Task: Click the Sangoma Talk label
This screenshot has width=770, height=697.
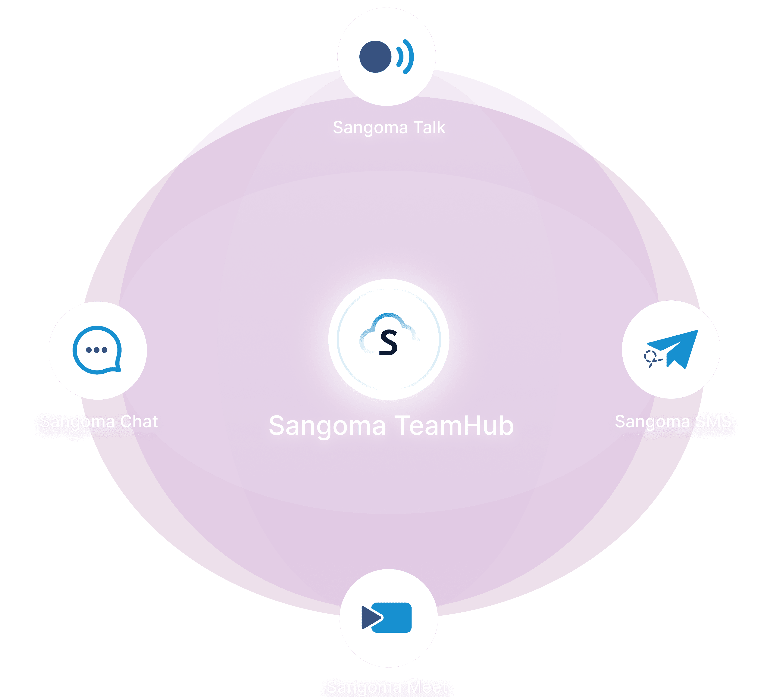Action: (389, 128)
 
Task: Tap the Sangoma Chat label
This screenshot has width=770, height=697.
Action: (99, 422)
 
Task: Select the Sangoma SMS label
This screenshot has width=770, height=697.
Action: (673, 422)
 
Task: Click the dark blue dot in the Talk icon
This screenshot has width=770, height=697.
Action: (375, 57)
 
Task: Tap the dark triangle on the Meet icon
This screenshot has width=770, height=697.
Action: (369, 617)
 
